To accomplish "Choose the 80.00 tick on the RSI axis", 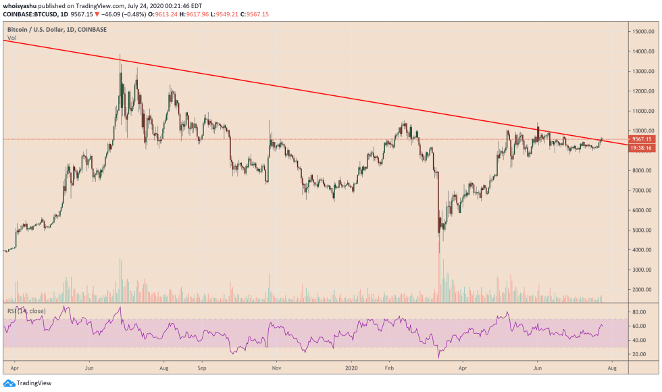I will [638, 312].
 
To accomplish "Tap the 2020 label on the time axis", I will [351, 370].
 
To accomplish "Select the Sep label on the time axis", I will [201, 370].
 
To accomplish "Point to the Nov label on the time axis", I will [276, 370].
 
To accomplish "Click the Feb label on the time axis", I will [389, 370].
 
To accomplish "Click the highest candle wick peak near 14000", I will [120, 55].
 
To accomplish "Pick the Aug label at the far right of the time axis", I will [611, 370].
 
